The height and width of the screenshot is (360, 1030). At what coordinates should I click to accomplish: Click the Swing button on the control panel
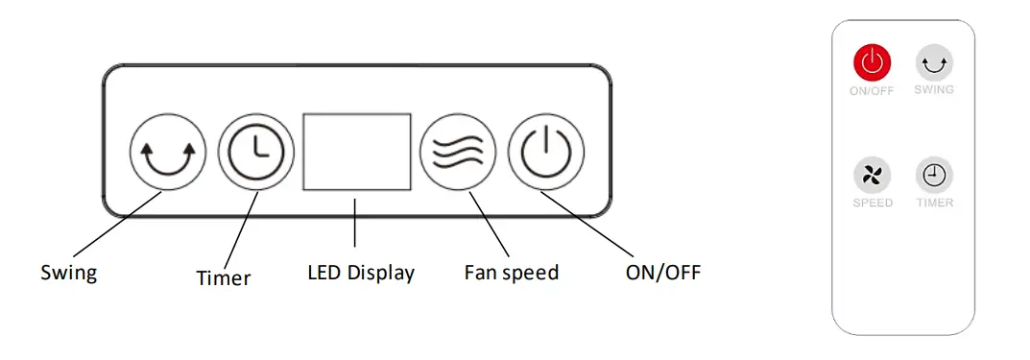pos(167,153)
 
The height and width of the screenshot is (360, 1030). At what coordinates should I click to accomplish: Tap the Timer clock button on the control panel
pos(255,153)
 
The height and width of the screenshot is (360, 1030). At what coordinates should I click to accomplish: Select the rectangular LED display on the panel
pos(357,152)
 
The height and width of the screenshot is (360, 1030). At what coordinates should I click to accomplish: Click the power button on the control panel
pos(545,153)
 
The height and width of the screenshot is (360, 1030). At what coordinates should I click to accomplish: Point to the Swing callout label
pos(68,273)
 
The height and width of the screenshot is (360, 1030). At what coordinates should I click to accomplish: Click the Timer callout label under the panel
pos(223,278)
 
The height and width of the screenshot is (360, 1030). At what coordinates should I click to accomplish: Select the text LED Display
pos(361,273)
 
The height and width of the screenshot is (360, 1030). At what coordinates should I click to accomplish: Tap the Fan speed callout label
pos(511,273)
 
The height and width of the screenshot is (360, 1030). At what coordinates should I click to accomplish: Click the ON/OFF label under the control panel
pos(662,273)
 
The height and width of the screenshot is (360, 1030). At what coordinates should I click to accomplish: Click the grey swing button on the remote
pos(933,64)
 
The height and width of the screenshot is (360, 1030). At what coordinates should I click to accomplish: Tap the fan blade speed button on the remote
pos(873,175)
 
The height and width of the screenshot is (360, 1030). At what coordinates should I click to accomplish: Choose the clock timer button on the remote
pos(934,175)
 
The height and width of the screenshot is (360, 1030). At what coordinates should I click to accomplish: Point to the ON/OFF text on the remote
pos(872,91)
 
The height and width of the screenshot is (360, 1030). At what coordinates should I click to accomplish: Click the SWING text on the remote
pos(934,90)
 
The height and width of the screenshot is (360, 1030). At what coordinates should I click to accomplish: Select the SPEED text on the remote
pos(873,204)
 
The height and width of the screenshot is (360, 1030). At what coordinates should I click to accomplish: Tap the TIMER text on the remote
pos(934,204)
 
